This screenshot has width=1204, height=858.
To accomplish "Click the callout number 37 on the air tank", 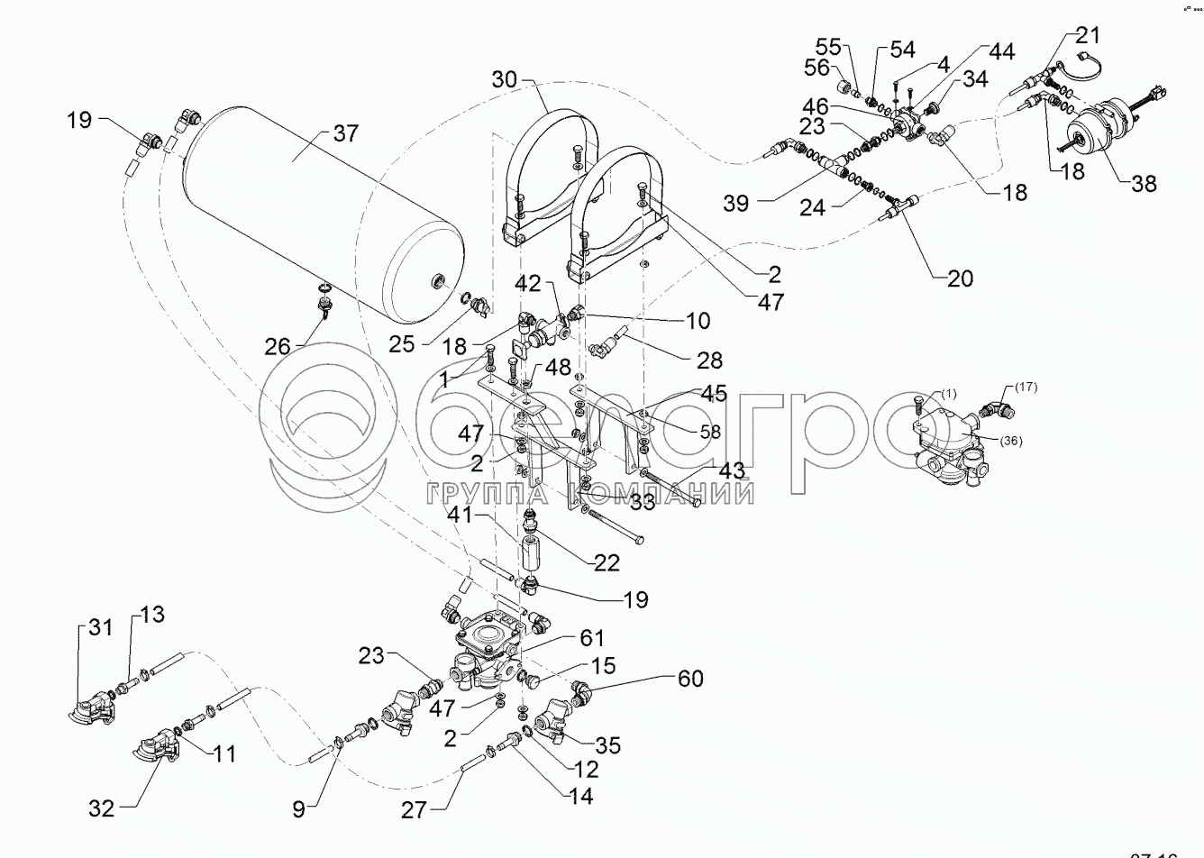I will (x=345, y=133).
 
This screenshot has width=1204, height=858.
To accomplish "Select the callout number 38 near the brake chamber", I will (x=1143, y=183).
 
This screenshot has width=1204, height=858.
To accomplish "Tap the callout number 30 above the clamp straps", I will (x=506, y=79).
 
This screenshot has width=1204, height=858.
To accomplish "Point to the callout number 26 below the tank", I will (x=278, y=345).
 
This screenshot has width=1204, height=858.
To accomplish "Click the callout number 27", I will (x=415, y=809).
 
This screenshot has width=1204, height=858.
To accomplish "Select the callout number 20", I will (x=960, y=278).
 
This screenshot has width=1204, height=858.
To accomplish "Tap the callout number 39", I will (x=736, y=203).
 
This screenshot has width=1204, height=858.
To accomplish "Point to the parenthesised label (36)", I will (x=1011, y=441).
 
